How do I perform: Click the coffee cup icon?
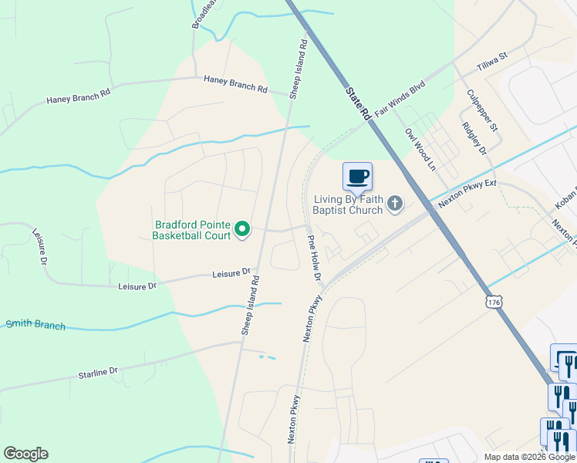click(357, 177)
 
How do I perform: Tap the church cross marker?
click(394, 204)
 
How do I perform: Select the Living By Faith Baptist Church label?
click(348, 204)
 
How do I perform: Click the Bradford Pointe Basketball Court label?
click(193, 229)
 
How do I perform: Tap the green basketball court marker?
click(242, 228)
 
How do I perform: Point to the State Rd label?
click(357, 103)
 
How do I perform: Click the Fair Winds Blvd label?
click(400, 100)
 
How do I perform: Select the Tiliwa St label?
click(492, 62)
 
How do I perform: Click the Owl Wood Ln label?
click(420, 149)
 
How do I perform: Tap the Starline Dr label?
click(97, 373)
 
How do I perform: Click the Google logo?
click(25, 454)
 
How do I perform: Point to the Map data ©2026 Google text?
click(528, 457)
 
